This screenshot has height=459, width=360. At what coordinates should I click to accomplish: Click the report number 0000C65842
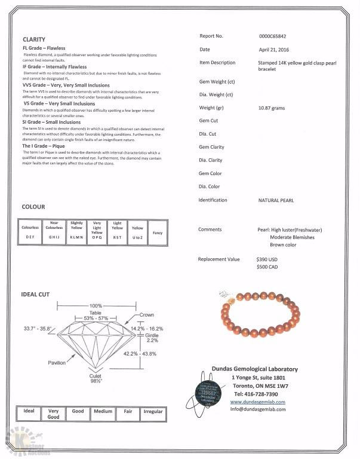click(273, 36)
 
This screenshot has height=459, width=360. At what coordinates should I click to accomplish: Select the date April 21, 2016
click(273, 50)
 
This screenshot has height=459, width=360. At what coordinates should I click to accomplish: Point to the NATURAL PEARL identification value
click(276, 200)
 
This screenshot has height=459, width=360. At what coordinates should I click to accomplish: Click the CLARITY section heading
click(34, 39)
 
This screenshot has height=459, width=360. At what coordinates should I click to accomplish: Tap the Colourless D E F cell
click(30, 232)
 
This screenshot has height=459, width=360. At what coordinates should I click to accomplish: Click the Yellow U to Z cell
click(137, 232)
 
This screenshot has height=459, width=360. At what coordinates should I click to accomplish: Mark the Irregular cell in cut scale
click(153, 412)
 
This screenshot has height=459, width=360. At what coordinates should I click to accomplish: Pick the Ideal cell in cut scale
click(29, 412)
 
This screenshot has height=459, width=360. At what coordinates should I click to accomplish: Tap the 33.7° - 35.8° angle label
click(38, 329)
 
